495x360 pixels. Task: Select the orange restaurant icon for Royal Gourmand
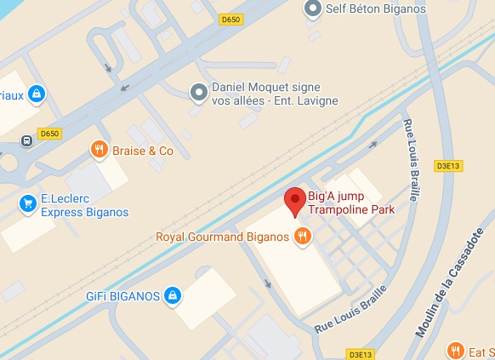pos(302,236)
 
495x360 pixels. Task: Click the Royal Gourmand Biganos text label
pos(223,236)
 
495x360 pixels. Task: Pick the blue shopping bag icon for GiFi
pos(173,295)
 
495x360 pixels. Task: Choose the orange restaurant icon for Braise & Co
pos(100,151)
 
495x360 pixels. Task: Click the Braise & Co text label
pos(144,151)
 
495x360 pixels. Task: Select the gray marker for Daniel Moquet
pos(198,90)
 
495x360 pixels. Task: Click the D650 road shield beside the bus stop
pos(50,134)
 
